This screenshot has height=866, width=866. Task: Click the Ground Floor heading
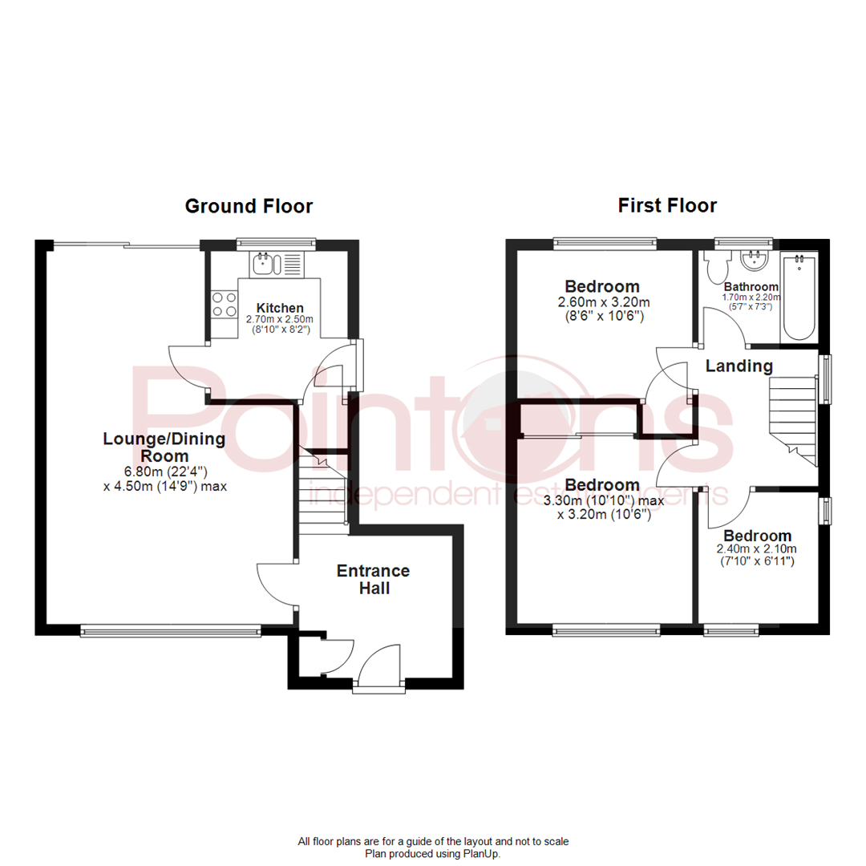[x=249, y=206]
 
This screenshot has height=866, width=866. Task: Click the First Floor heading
[x=667, y=206]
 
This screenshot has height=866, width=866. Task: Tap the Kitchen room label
[x=280, y=308]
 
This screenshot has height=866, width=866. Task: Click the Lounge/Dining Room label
[x=164, y=447]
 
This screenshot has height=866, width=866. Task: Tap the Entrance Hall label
[x=373, y=579]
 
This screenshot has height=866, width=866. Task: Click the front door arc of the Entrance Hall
[x=380, y=665]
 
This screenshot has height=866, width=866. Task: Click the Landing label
[x=739, y=366]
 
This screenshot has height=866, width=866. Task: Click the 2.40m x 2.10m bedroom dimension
[x=757, y=550]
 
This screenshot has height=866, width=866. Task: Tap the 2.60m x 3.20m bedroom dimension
[x=602, y=302]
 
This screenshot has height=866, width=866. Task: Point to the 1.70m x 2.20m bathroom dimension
[x=751, y=297]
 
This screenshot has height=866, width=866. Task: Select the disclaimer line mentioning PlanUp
[x=432, y=855]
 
